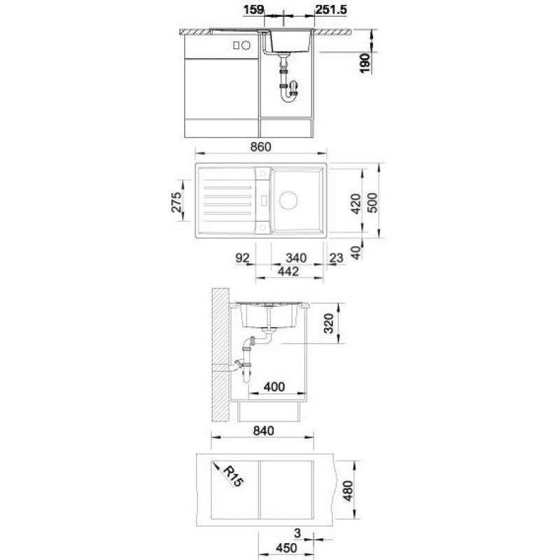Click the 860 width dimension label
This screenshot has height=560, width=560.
tap(260, 147)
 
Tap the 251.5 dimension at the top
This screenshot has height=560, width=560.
tap(331, 10)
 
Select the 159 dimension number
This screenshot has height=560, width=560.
tap(253, 10)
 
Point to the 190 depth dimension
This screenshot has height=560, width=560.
tap(365, 63)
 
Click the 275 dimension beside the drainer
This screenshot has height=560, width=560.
tap(176, 202)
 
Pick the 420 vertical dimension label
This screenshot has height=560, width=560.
tap(356, 204)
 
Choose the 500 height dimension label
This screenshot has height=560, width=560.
tap(372, 203)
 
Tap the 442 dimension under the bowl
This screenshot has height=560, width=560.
tap(288, 272)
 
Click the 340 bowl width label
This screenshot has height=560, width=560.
tap(296, 258)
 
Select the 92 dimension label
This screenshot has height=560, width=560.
tap(242, 258)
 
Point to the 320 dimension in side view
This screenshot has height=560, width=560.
tap(328, 323)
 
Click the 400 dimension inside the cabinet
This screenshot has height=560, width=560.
tap(274, 386)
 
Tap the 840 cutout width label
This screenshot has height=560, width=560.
tap(264, 430)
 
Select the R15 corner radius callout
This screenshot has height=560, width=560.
tap(233, 477)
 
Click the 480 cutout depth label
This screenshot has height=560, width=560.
tap(348, 491)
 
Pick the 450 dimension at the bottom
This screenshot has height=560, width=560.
tap(286, 547)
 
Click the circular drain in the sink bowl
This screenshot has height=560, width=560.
tap(288, 200)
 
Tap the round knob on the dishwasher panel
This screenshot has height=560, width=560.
tap(246, 45)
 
